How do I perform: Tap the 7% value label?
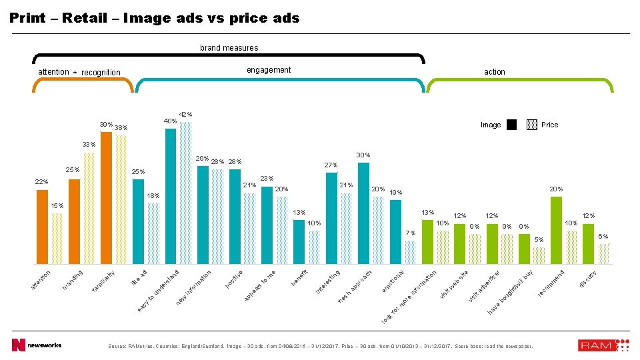point(411,233)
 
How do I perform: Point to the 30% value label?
point(363,155)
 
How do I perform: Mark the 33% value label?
point(89,145)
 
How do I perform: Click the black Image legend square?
point(511,125)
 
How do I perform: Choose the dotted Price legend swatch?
point(531,125)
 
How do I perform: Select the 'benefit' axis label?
point(299,277)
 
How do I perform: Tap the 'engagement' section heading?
point(269,70)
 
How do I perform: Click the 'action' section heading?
point(495,72)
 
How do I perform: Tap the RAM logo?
point(603,345)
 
